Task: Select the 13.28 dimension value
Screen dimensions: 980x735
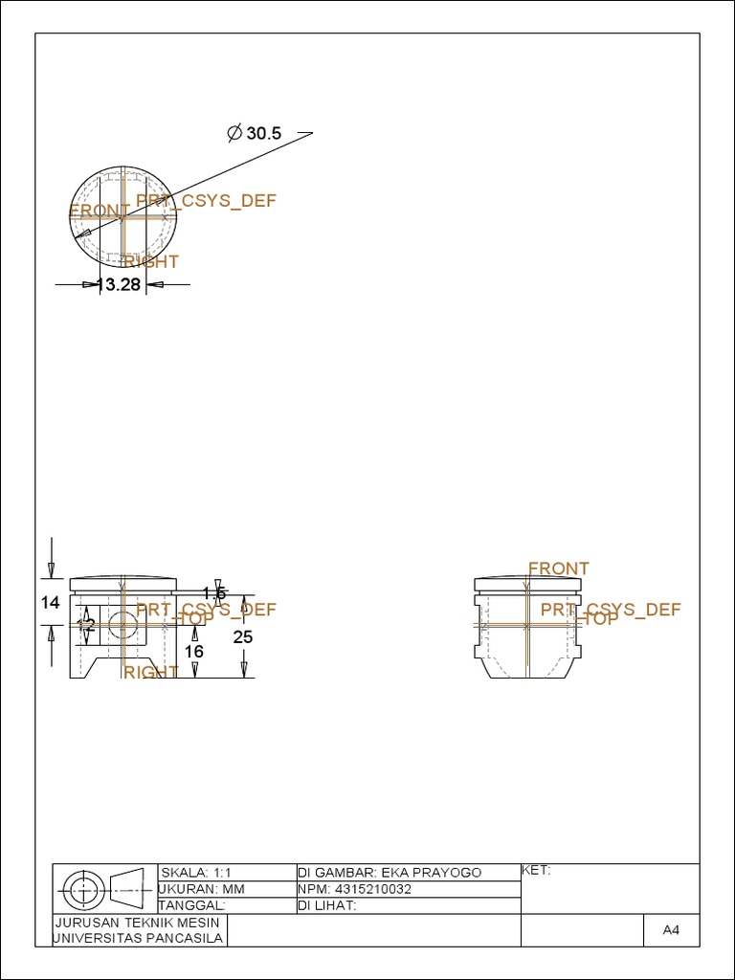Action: click(x=119, y=284)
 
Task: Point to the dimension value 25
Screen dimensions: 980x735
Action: click(x=243, y=636)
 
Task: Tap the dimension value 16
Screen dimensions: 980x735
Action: click(x=194, y=652)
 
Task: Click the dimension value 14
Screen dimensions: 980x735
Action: click(x=51, y=602)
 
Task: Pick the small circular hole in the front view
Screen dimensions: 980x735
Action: click(x=122, y=626)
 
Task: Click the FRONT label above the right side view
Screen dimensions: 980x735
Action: click(x=558, y=568)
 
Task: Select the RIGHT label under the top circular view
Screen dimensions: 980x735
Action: click(x=151, y=261)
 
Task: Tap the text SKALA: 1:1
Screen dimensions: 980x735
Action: click(x=197, y=873)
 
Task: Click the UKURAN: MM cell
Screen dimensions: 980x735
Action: click(x=201, y=889)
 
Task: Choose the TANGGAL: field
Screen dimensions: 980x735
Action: click(x=191, y=905)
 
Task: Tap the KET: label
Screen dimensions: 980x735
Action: click(x=536, y=870)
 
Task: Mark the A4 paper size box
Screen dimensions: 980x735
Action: click(x=670, y=930)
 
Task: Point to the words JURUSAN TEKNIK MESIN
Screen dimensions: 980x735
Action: click(x=140, y=923)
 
